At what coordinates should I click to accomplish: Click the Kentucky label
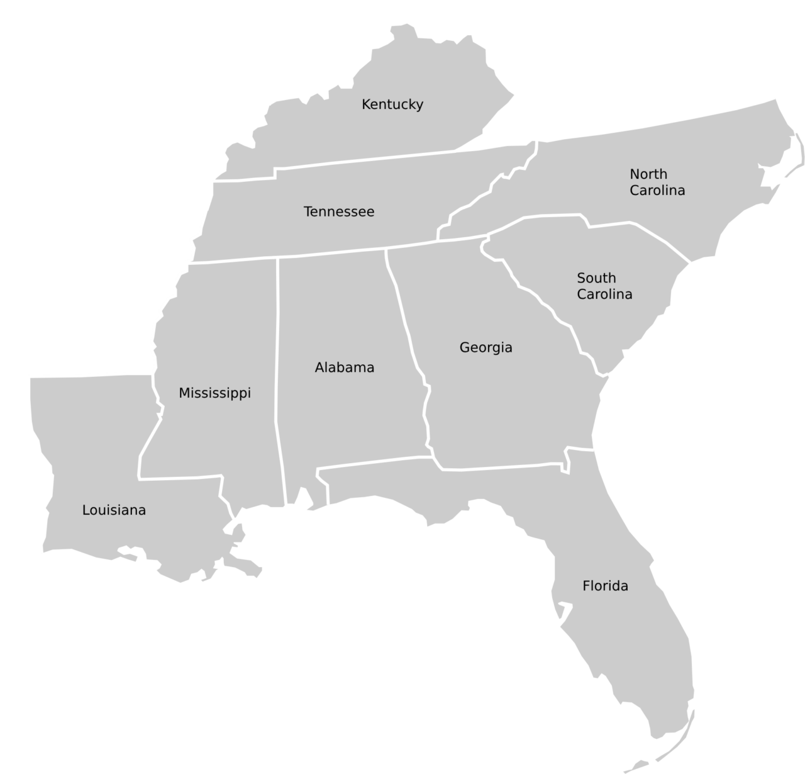[392, 104]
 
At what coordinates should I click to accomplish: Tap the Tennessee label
[339, 211]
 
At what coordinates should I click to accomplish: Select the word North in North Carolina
[648, 174]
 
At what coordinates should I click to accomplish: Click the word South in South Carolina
[596, 278]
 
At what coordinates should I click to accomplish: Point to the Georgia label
[486, 347]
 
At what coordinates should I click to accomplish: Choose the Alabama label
[344, 367]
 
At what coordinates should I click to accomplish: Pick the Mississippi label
[214, 393]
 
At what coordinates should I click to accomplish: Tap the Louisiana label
[114, 510]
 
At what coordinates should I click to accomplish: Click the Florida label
[605, 586]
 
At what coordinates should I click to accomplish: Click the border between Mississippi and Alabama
[278, 378]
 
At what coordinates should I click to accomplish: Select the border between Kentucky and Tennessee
[365, 160]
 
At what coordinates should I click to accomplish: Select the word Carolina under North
[657, 190]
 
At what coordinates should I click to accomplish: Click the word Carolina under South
[604, 294]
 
